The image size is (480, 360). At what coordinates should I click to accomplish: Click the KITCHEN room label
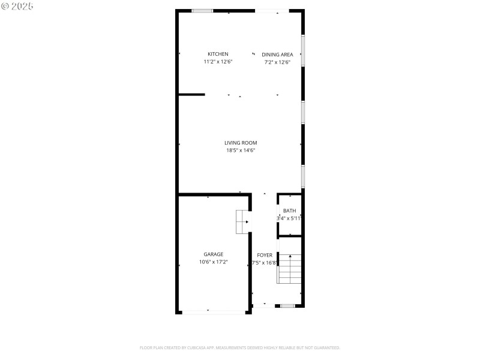pyautogui.click(x=218, y=54)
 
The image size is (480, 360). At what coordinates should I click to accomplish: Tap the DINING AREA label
pyautogui.click(x=277, y=54)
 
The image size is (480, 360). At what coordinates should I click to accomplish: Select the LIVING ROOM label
pyautogui.click(x=241, y=143)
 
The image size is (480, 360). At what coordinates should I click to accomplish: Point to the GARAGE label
pyautogui.click(x=213, y=254)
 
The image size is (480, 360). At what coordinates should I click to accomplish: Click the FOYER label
pyautogui.click(x=265, y=255)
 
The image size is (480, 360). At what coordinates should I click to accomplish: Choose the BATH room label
pyautogui.click(x=289, y=211)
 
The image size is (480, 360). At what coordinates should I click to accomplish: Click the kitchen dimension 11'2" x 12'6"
pyautogui.click(x=218, y=62)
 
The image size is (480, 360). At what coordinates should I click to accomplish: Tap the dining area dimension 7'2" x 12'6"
pyautogui.click(x=277, y=62)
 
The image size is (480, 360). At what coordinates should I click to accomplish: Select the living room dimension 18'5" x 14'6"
pyautogui.click(x=241, y=151)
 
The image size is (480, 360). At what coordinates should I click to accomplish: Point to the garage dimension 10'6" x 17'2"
pyautogui.click(x=213, y=262)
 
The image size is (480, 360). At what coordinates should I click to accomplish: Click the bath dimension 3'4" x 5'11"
pyautogui.click(x=289, y=218)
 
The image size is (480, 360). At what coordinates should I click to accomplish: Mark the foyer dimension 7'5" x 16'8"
pyautogui.click(x=265, y=263)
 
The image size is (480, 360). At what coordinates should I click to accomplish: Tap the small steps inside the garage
pyautogui.click(x=242, y=221)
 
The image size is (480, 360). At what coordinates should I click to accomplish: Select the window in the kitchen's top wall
pyautogui.click(x=202, y=10)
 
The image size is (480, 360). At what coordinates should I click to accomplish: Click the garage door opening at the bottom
pyautogui.click(x=213, y=311)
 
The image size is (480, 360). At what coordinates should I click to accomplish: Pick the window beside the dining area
pyautogui.click(x=303, y=50)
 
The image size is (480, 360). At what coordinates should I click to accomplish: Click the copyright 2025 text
pyautogui.click(x=18, y=5)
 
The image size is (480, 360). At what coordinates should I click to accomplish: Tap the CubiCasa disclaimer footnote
pyautogui.click(x=240, y=347)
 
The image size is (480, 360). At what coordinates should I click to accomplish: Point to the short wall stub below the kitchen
pyautogui.click(x=192, y=94)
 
